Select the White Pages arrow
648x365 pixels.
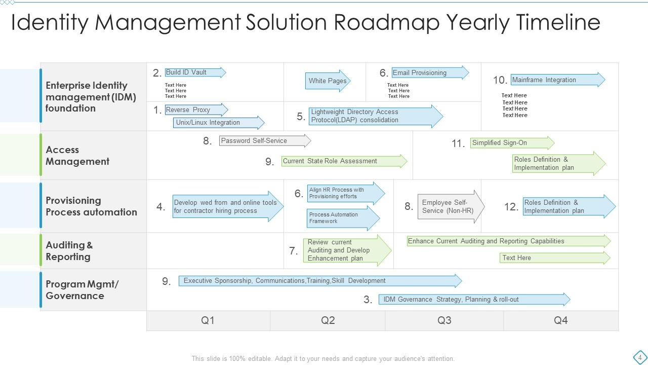tap(328, 81)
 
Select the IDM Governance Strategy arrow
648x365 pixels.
tap(474, 300)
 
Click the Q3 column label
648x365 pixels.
tap(444, 320)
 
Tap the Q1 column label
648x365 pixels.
tap(208, 320)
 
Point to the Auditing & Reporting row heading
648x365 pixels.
tap(69, 251)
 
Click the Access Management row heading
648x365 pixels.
tap(77, 156)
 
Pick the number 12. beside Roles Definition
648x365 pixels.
tap(511, 207)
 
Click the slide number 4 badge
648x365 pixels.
tap(640, 357)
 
